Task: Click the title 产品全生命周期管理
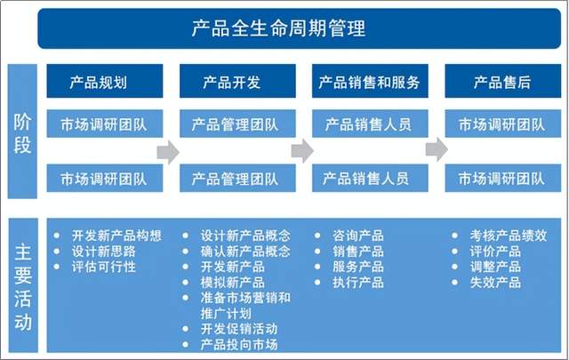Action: tap(278, 28)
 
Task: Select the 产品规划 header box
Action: tap(105, 81)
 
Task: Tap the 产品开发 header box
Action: tap(237, 81)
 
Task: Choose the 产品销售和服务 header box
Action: tap(370, 81)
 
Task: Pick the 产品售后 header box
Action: tap(502, 81)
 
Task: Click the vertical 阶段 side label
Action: tap(22, 132)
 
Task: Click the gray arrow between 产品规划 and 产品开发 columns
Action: tap(168, 152)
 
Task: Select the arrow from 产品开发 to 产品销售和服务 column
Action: tap(302, 150)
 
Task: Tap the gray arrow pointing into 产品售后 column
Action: tap(437, 148)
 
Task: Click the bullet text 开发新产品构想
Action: tap(116, 236)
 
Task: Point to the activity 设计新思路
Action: tap(103, 252)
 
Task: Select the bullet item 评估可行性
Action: tap(103, 267)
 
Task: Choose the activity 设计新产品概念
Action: tap(245, 236)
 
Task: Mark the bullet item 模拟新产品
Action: tap(233, 283)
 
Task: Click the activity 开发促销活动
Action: tap(239, 329)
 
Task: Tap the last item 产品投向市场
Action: tap(239, 344)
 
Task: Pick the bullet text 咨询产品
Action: tap(357, 236)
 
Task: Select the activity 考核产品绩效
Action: tap(508, 236)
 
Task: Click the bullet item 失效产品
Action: tap(495, 283)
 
